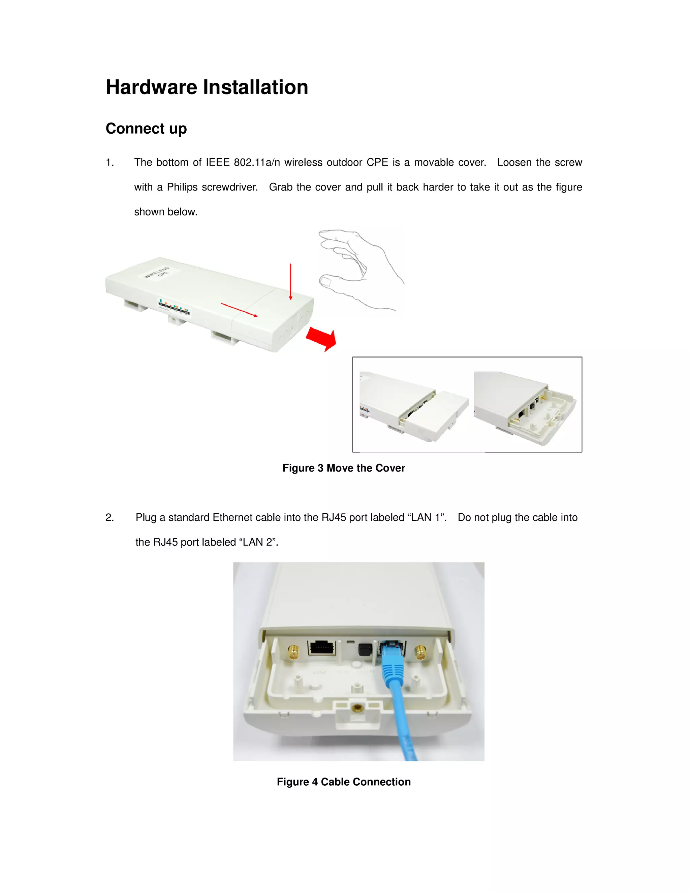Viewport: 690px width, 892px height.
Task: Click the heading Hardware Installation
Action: point(207,88)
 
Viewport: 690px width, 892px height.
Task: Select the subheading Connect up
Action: point(146,129)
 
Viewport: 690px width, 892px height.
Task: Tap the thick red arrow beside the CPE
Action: point(322,339)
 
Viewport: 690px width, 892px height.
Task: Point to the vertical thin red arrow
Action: point(290,281)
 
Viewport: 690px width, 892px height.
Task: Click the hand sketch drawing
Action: point(360,270)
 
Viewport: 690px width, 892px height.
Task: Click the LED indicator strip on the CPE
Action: point(174,307)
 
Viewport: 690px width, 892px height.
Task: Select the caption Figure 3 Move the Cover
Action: point(343,468)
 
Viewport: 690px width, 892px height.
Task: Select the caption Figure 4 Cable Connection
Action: point(343,782)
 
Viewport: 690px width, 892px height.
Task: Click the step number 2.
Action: point(109,517)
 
